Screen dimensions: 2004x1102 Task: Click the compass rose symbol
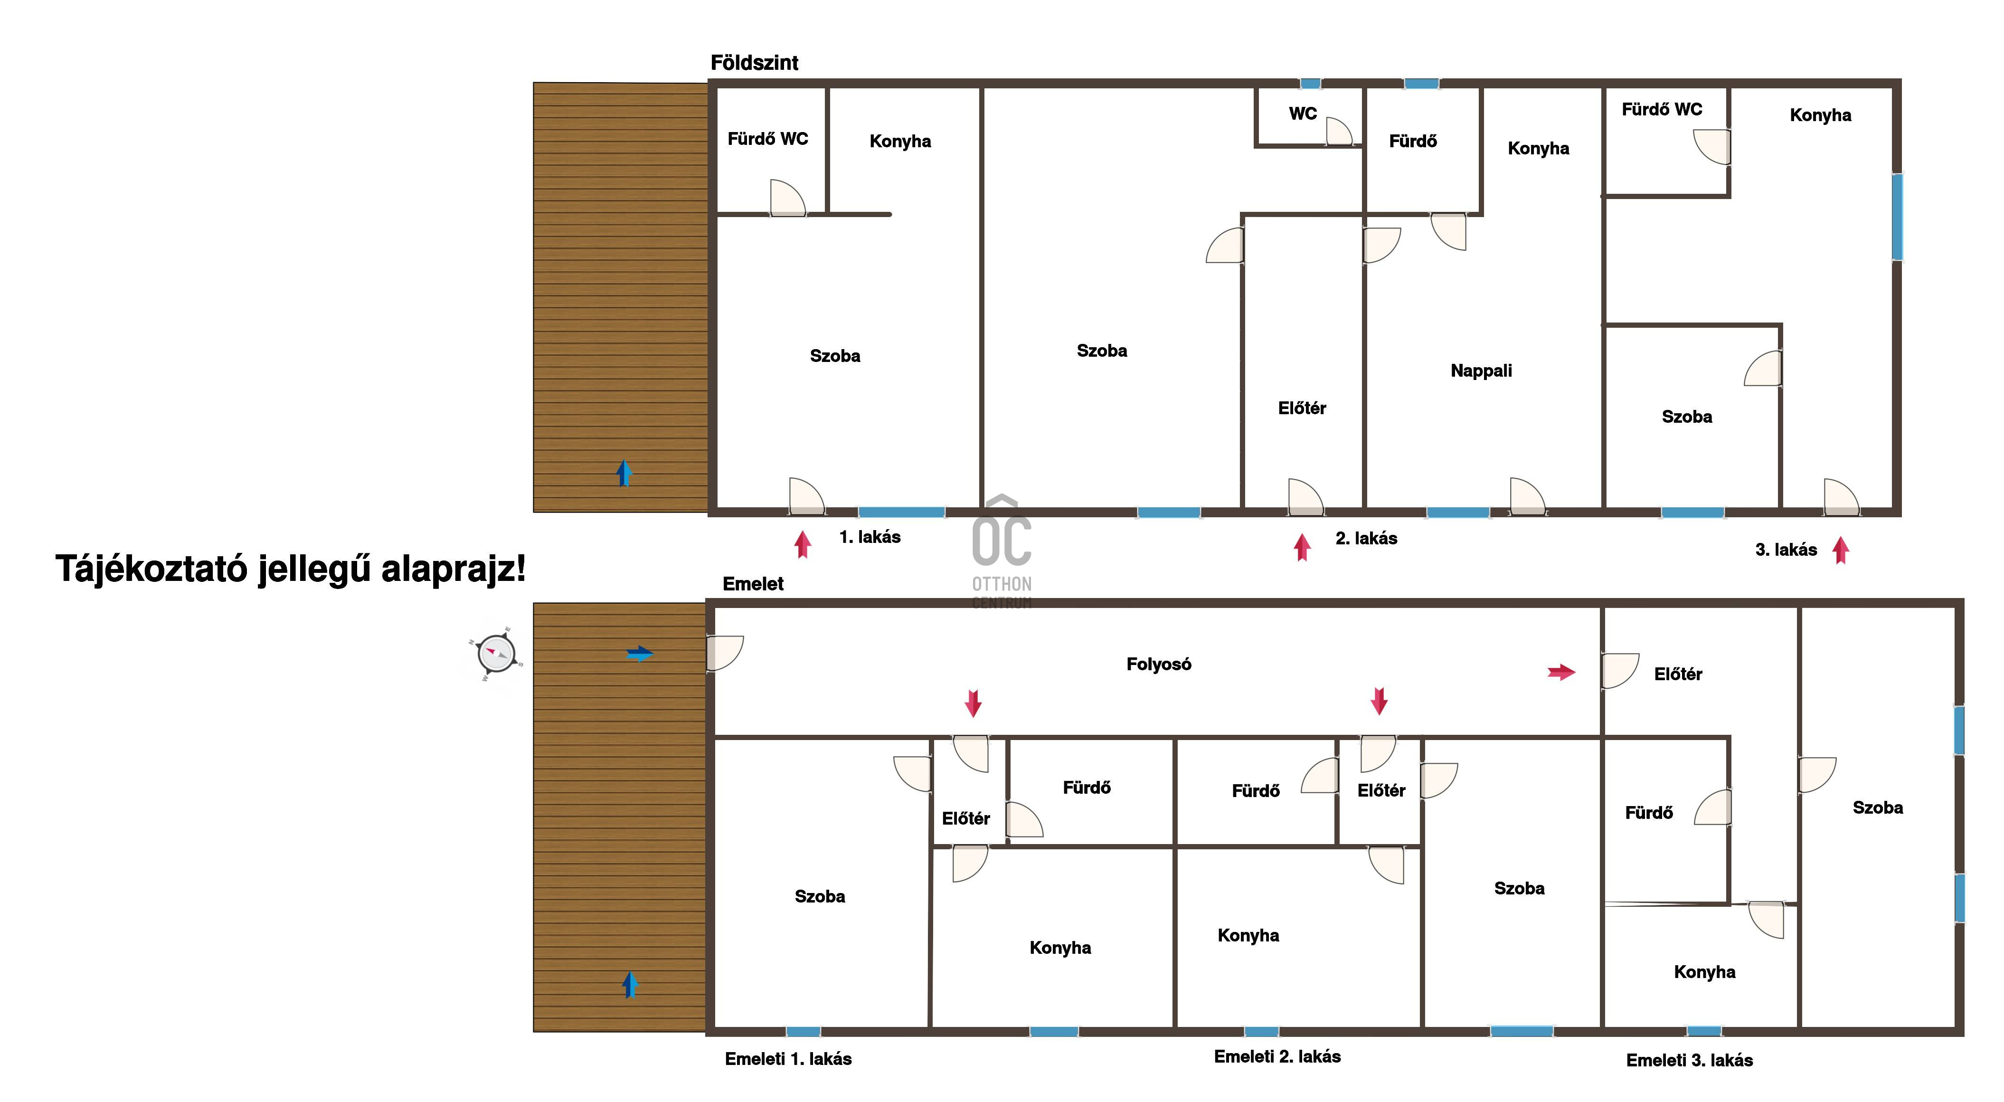coord(496,653)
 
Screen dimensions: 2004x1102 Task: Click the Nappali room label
coord(1481,370)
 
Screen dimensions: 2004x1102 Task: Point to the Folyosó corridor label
coord(1158,664)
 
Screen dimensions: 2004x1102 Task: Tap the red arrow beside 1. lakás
coord(803,544)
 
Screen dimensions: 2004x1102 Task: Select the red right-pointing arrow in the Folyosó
coord(1561,672)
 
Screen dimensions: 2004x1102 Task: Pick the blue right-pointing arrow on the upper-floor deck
coord(640,654)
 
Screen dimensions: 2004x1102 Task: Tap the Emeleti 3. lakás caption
coord(1689,1060)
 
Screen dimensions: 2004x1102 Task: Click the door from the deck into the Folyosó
coord(725,654)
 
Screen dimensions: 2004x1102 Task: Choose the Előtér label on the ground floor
coord(1302,408)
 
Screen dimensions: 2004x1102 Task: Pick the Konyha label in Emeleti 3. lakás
coord(1704,971)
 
